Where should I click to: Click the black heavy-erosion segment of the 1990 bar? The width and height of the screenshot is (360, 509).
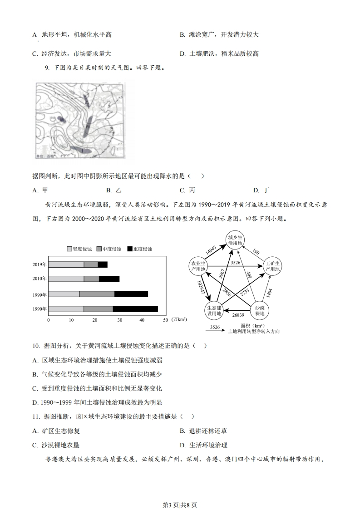[x=135, y=309]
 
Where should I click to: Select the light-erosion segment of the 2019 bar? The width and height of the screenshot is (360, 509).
[x=66, y=264]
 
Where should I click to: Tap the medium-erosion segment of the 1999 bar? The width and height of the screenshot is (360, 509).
[x=97, y=294]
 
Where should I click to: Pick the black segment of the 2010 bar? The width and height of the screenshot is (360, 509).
[x=109, y=279]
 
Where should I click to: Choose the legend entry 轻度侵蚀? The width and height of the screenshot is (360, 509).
[x=78, y=249]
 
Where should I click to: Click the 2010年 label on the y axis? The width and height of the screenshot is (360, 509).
[x=39, y=279]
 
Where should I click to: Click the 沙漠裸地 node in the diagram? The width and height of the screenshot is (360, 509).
[x=261, y=310]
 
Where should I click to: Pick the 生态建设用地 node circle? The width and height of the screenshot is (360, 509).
[x=212, y=310]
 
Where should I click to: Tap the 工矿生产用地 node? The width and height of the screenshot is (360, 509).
[x=272, y=267]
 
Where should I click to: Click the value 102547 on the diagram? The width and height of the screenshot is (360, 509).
[x=201, y=289]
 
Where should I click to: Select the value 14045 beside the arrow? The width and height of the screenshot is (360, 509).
[x=210, y=250]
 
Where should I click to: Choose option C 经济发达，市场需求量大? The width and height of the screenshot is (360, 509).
[x=72, y=54]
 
